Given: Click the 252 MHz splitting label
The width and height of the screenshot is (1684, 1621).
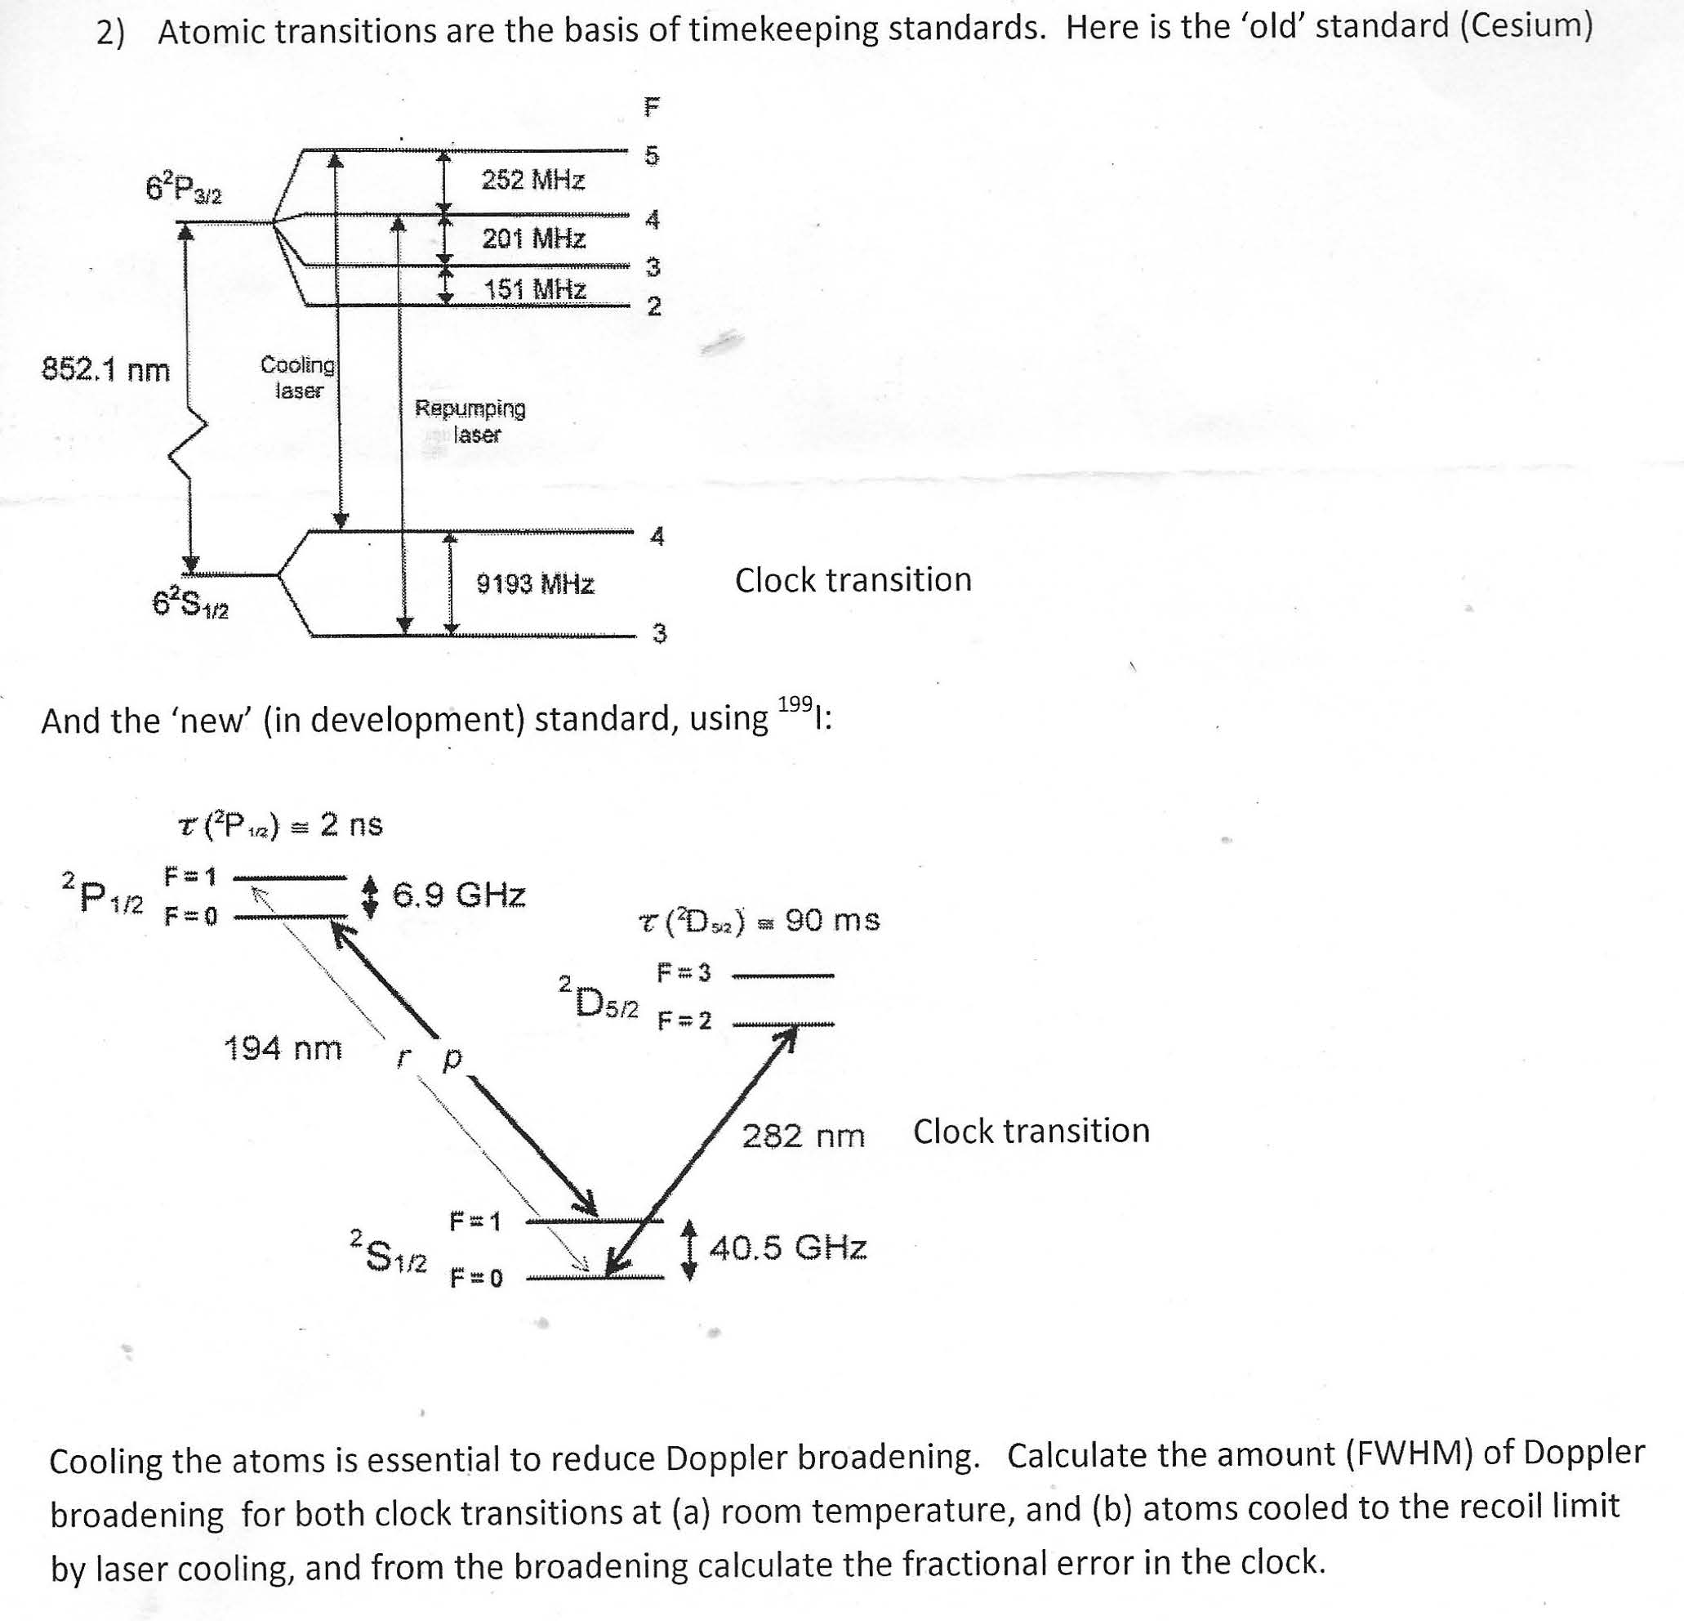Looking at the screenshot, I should [533, 180].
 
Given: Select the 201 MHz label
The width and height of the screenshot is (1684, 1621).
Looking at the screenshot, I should [533, 238].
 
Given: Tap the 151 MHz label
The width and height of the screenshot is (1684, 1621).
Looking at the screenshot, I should [534, 288].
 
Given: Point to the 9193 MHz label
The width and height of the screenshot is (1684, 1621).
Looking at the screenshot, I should [535, 584].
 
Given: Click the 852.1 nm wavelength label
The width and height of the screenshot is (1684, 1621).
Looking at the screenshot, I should [106, 370].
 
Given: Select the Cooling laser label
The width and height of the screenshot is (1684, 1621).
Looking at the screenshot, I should [298, 377].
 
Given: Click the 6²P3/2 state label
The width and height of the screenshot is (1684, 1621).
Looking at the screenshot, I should [184, 188].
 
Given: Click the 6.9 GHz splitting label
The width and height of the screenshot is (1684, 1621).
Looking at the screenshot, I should [459, 895].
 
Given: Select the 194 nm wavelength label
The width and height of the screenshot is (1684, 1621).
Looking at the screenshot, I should [283, 1048].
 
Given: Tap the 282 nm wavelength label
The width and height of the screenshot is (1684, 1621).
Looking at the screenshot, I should [804, 1136].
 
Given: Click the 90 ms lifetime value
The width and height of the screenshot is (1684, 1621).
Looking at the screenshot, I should [832, 921].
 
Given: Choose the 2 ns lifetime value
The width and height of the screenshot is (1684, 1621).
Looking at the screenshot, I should [351, 825].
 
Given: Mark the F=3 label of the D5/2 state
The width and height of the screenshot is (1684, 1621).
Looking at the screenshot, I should [684, 974].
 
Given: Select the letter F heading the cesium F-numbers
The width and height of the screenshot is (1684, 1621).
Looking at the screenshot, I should [652, 106].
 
